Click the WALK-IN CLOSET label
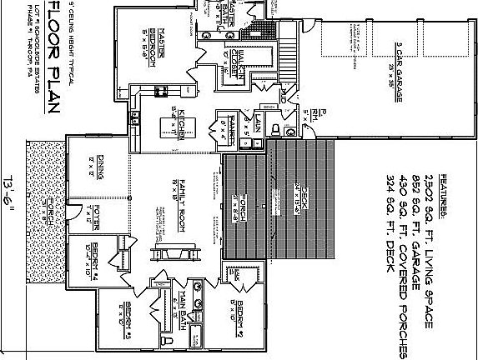coord(236,62)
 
